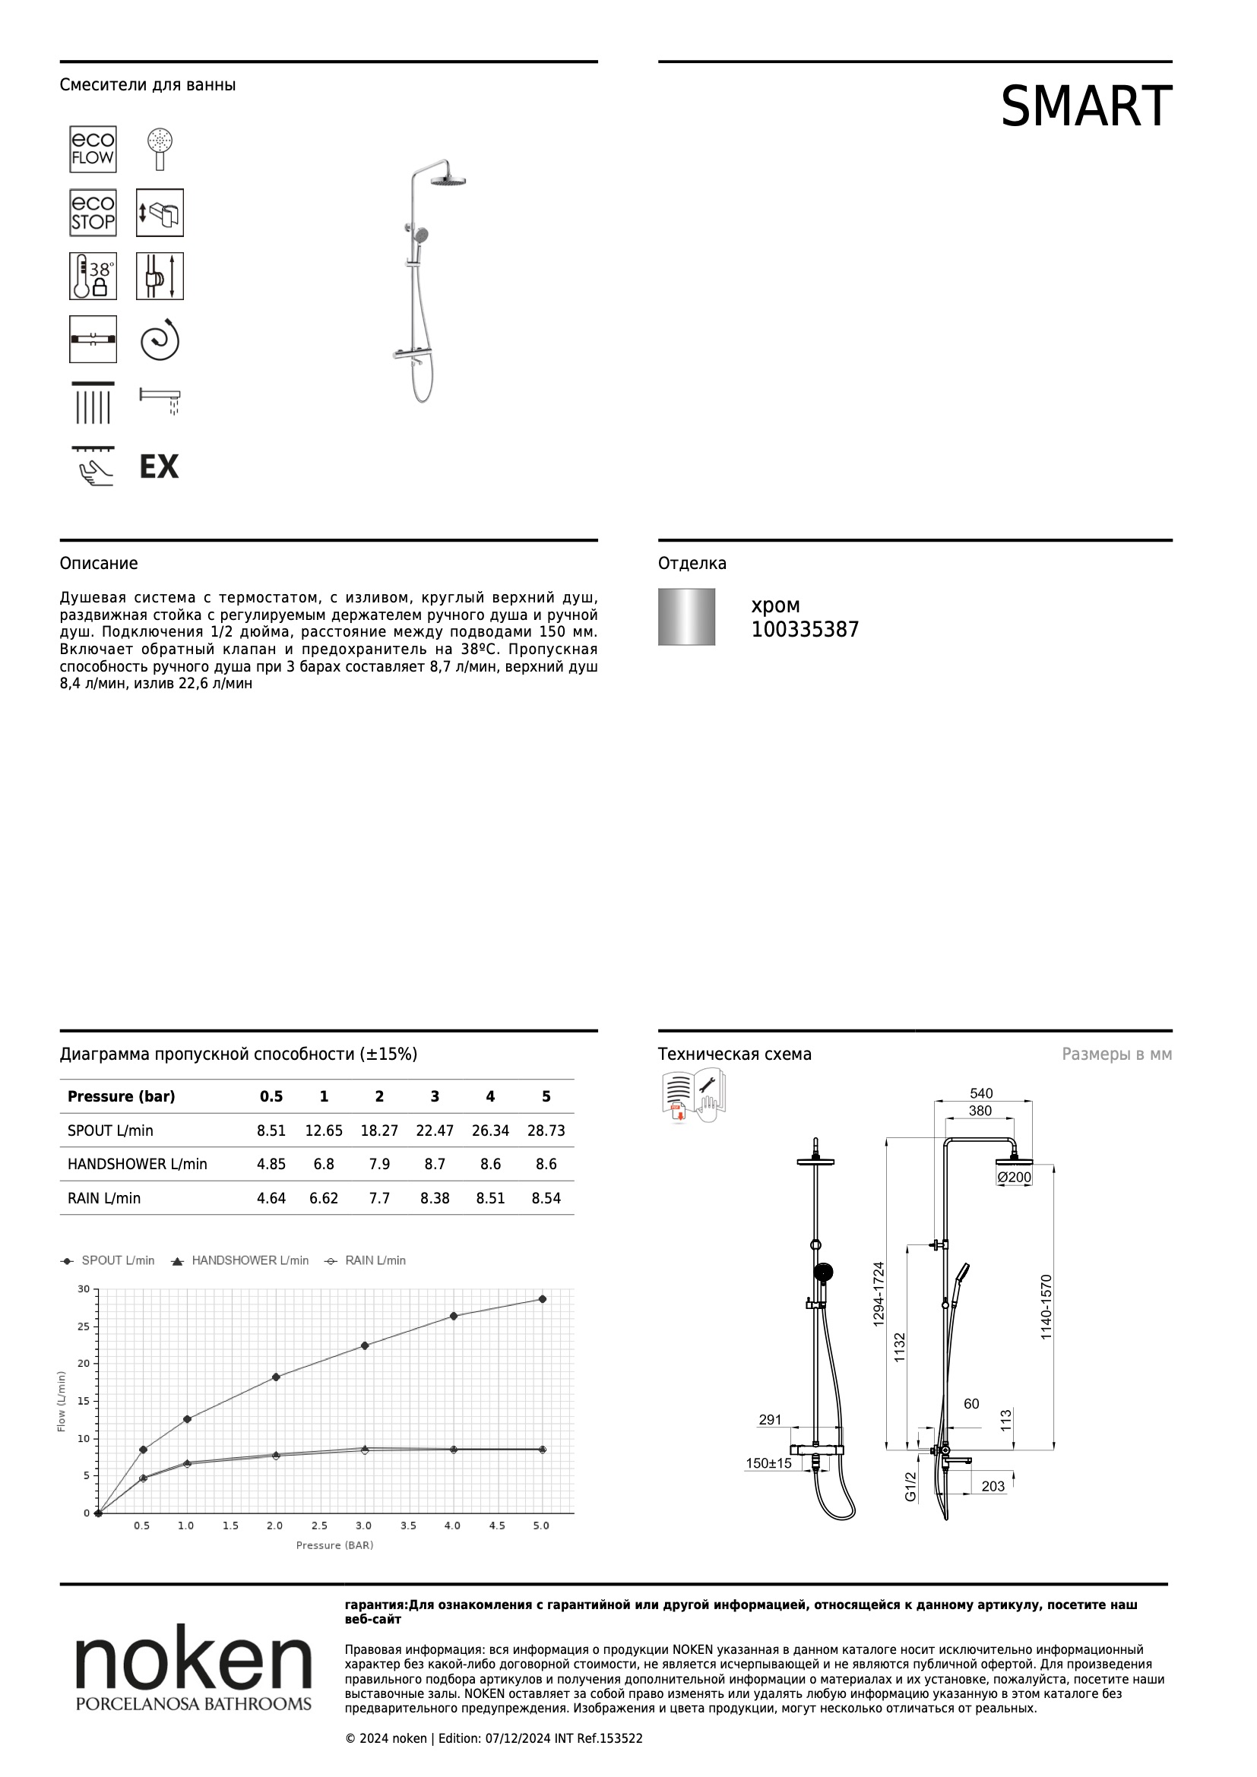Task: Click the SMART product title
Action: click(x=1086, y=107)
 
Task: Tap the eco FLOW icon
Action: click(x=93, y=149)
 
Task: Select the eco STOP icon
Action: click(x=93, y=213)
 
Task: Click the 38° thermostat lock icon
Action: click(x=93, y=277)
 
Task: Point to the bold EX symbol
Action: click(x=159, y=466)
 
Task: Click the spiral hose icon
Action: click(x=160, y=340)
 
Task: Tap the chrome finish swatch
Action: click(x=686, y=617)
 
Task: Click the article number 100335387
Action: click(x=805, y=630)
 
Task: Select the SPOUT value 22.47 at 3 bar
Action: click(x=435, y=1130)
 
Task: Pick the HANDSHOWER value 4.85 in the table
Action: click(x=271, y=1164)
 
